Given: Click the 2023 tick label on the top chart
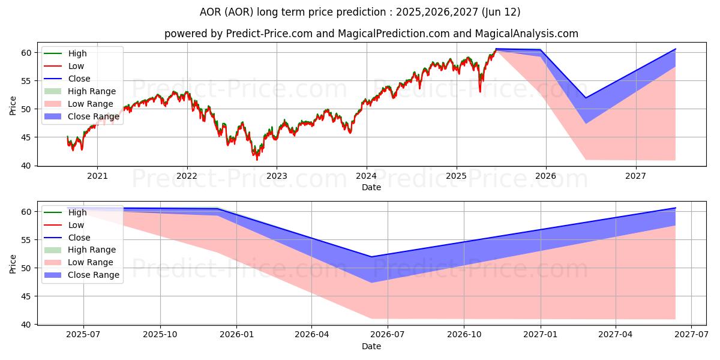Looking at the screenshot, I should tap(277, 176).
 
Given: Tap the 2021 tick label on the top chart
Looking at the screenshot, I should tap(97, 176).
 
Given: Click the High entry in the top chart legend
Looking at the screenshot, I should tap(77, 53).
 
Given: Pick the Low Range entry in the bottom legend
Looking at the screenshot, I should tap(91, 262).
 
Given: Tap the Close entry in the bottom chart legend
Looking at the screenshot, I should tap(79, 237).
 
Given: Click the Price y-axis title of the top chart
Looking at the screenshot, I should tap(13, 106).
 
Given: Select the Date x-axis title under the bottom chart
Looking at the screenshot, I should tap(371, 346).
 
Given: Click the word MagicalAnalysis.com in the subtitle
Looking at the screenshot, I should tap(527, 34).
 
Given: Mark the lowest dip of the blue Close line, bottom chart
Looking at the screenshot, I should tap(371, 257).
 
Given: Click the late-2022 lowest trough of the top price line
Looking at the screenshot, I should tap(257, 158).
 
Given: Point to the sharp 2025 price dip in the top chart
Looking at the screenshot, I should tap(479, 91).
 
